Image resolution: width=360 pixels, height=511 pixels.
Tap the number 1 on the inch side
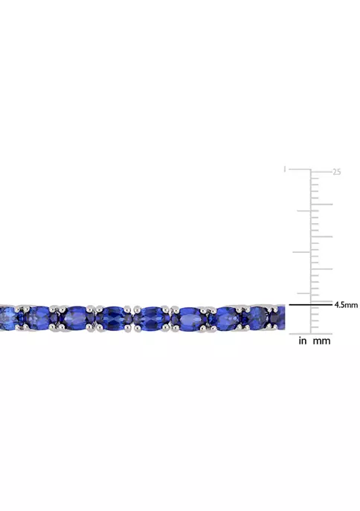pos(285,170)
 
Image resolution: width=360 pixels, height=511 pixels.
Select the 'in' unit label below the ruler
pos(302,341)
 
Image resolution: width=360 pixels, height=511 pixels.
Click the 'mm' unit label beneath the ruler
pos(322,341)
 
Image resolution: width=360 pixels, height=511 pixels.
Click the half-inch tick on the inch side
pos(303,251)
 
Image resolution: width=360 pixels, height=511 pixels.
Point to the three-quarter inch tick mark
pos(303,210)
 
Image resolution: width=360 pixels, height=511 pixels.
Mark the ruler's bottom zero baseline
pos(311,333)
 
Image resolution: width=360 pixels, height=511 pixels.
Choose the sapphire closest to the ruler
pos(277,316)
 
